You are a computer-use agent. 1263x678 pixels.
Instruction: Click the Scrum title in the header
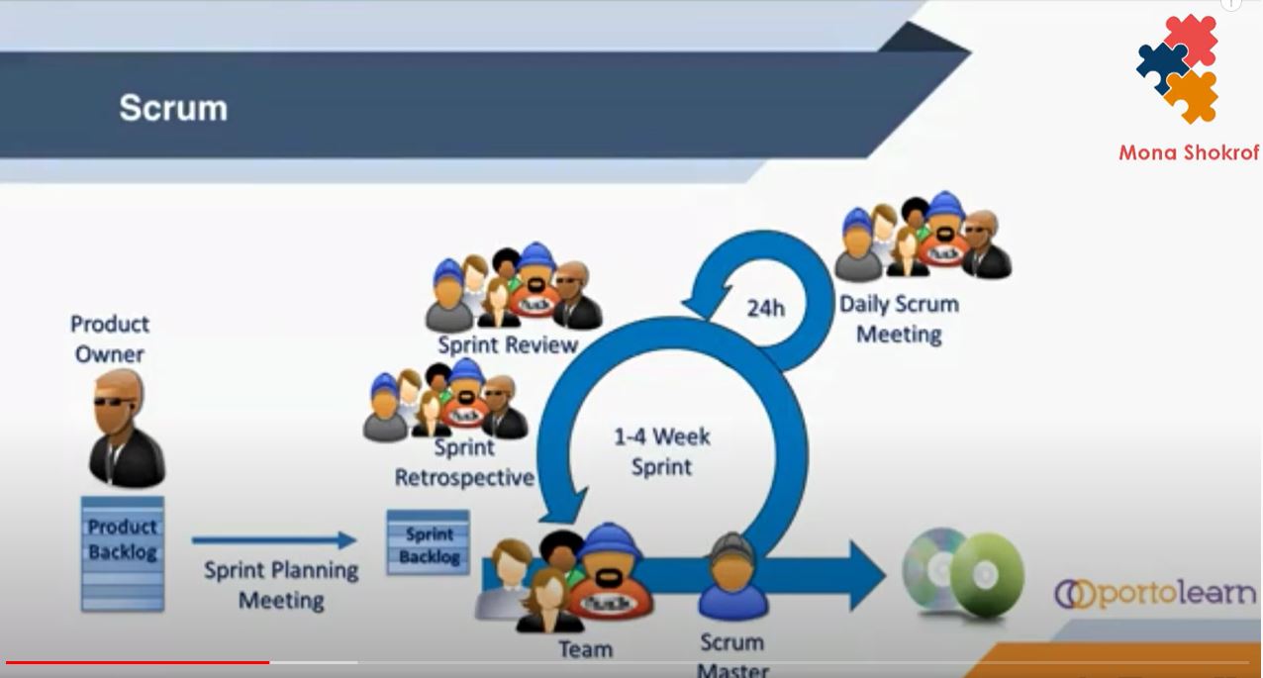click(x=173, y=107)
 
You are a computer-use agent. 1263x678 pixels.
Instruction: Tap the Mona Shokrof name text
click(x=1189, y=152)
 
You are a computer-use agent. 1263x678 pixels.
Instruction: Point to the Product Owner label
click(x=110, y=339)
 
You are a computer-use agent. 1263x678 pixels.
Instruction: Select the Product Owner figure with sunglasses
click(x=126, y=430)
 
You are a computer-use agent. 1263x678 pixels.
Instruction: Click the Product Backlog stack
click(x=122, y=552)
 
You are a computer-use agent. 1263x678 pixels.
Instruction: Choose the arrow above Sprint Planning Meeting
click(x=273, y=540)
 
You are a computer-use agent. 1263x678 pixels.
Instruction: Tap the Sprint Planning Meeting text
click(x=281, y=585)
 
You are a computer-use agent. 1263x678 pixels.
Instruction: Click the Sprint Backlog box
click(x=429, y=543)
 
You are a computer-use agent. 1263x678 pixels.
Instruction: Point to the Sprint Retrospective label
click(x=464, y=462)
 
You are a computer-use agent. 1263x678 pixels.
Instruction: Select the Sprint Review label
click(x=507, y=344)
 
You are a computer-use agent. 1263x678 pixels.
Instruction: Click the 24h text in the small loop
click(x=765, y=308)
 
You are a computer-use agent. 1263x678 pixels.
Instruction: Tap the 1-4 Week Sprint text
click(x=661, y=451)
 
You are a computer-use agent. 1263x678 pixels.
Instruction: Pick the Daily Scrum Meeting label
click(x=899, y=319)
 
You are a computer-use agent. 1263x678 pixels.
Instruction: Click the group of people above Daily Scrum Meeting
click(x=922, y=237)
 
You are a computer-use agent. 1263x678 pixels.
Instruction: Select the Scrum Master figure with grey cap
click(x=733, y=578)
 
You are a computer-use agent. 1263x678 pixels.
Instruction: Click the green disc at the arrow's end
click(x=988, y=575)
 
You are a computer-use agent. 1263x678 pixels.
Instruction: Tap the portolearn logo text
click(x=1155, y=593)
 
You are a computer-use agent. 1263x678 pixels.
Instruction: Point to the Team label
click(x=585, y=649)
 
